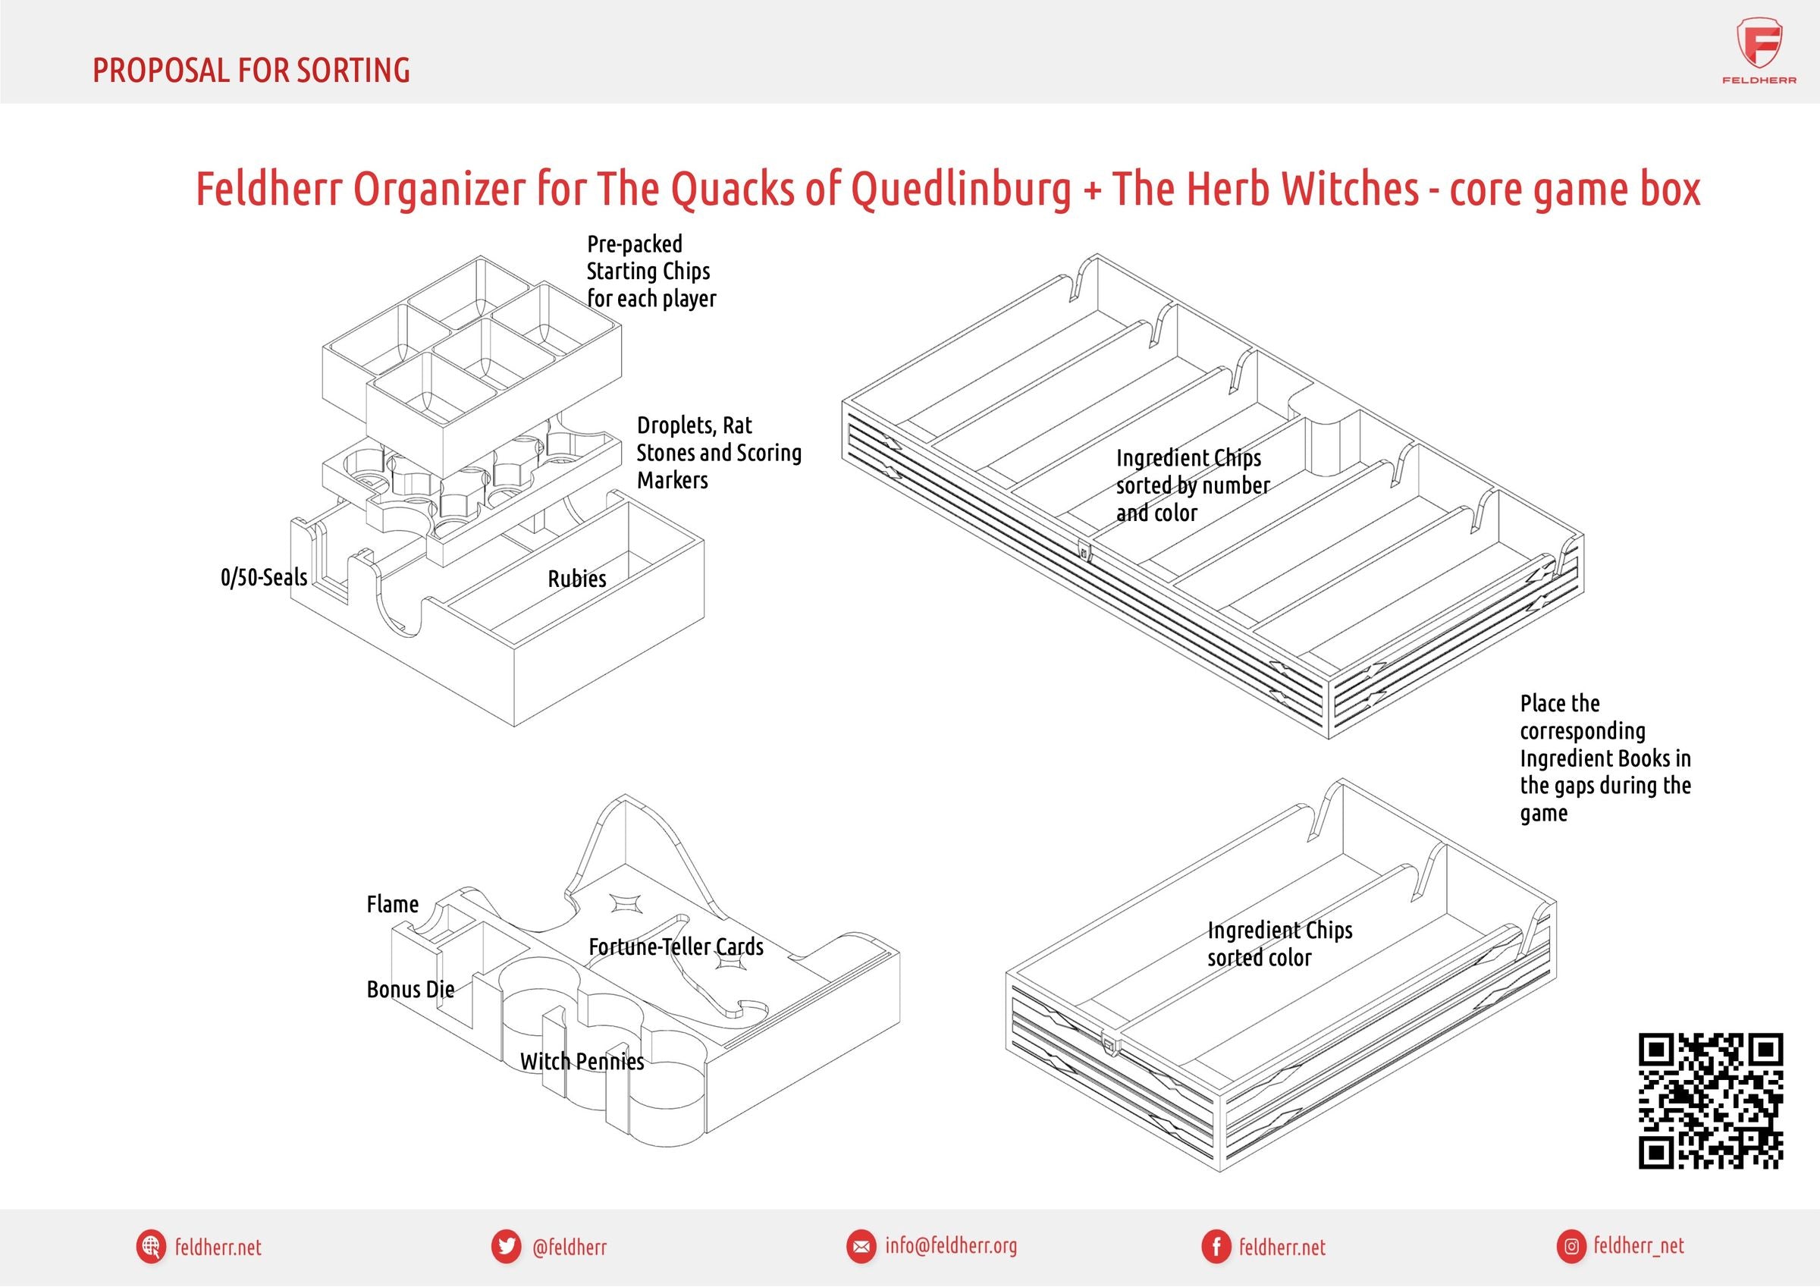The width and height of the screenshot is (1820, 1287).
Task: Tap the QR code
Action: pos(1711,1100)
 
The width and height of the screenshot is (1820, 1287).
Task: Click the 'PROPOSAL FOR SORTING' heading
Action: pos(251,71)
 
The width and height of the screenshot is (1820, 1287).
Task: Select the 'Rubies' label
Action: pos(576,579)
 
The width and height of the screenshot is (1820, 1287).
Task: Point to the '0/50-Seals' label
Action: pos(264,577)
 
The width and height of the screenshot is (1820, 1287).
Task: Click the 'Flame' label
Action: pos(392,904)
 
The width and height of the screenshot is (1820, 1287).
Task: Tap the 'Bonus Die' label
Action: pos(409,989)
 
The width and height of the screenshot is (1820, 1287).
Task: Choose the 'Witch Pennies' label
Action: pos(582,1061)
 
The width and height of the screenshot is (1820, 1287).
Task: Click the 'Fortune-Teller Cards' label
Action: pos(676,946)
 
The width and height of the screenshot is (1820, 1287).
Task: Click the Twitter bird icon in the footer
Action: pos(505,1247)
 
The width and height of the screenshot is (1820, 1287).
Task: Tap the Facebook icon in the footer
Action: pos(1215,1247)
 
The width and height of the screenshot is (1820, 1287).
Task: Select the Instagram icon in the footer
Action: pos(1571,1247)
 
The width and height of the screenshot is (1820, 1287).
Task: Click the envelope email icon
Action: pos(859,1247)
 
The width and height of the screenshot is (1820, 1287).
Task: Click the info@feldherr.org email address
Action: pos(950,1246)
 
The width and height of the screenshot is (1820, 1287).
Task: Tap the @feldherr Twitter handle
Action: pos(570,1248)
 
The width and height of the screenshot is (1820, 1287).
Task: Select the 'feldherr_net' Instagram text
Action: pos(1639,1246)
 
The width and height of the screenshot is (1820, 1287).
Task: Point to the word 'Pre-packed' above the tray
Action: pos(634,244)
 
